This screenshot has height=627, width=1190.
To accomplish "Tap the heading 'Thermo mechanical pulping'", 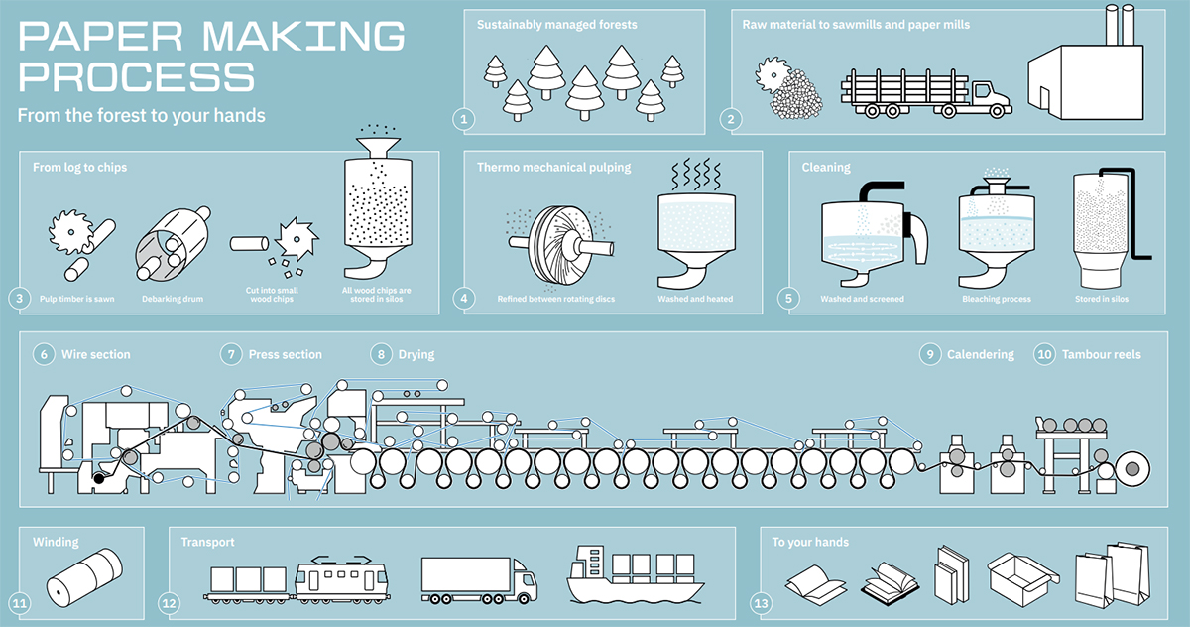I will click(x=553, y=168).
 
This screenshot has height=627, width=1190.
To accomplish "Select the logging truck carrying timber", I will click(x=925, y=94).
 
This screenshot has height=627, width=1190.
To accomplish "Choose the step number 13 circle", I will click(x=761, y=602).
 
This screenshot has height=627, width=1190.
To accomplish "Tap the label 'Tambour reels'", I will click(x=1102, y=354).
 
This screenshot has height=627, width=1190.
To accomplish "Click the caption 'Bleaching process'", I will click(x=997, y=299).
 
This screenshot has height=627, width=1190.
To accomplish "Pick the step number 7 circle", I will click(x=231, y=354).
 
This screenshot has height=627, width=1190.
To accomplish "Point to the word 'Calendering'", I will click(x=981, y=354).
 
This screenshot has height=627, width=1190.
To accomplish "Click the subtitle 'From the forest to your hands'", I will click(x=142, y=115).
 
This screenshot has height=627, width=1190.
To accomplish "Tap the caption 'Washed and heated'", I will click(x=695, y=299).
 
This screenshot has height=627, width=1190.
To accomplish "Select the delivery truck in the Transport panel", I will click(x=478, y=578).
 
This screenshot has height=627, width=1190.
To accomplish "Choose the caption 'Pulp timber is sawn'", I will click(x=76, y=298).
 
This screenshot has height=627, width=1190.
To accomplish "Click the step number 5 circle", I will click(x=789, y=297).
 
